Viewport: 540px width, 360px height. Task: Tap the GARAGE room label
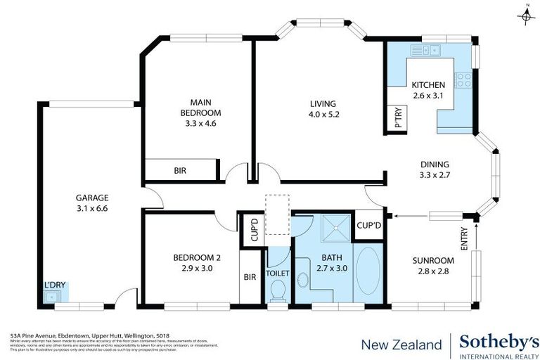pyautogui.click(x=91, y=202)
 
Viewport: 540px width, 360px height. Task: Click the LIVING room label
pyautogui.click(x=324, y=108)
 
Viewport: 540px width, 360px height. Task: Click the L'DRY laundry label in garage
pyautogui.click(x=54, y=285)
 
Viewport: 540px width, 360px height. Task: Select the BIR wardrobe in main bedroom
pyautogui.click(x=181, y=170)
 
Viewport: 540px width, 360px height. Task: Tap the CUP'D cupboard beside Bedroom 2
pyautogui.click(x=250, y=229)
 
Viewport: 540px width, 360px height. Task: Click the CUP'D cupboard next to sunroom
pyautogui.click(x=368, y=225)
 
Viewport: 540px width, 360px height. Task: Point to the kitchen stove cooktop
pyautogui.click(x=463, y=79)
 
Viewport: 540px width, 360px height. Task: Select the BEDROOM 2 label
pyautogui.click(x=192, y=262)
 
